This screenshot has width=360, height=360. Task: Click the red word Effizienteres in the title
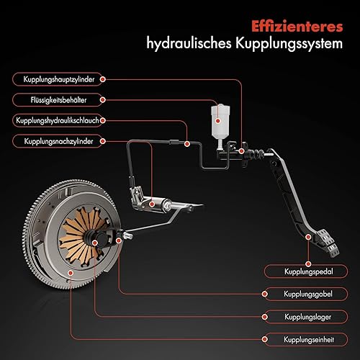tap(297, 27)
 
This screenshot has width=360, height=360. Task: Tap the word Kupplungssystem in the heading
tap(289, 44)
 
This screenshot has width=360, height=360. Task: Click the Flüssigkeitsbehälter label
tap(58, 100)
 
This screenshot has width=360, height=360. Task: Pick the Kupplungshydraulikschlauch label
tap(58, 120)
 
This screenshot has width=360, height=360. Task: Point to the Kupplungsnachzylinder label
tap(58, 141)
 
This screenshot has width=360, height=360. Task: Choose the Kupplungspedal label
tap(309, 271)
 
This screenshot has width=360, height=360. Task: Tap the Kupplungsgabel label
tap(308, 294)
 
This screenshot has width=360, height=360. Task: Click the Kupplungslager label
tap(308, 317)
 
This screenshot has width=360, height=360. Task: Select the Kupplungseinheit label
tap(309, 340)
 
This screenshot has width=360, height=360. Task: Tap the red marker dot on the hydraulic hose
tap(187, 144)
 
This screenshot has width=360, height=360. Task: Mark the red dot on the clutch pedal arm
tap(308, 237)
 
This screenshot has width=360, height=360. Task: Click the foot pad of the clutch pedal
tap(328, 243)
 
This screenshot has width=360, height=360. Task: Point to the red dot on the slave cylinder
tap(152, 204)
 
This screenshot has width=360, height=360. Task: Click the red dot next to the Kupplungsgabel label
tap(265, 294)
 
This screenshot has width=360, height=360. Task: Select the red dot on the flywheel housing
tap(71, 273)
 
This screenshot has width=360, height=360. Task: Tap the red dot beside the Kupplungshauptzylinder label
tap(102, 79)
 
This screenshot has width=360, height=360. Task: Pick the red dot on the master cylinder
tap(241, 151)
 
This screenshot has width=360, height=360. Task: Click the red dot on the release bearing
tap(95, 243)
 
